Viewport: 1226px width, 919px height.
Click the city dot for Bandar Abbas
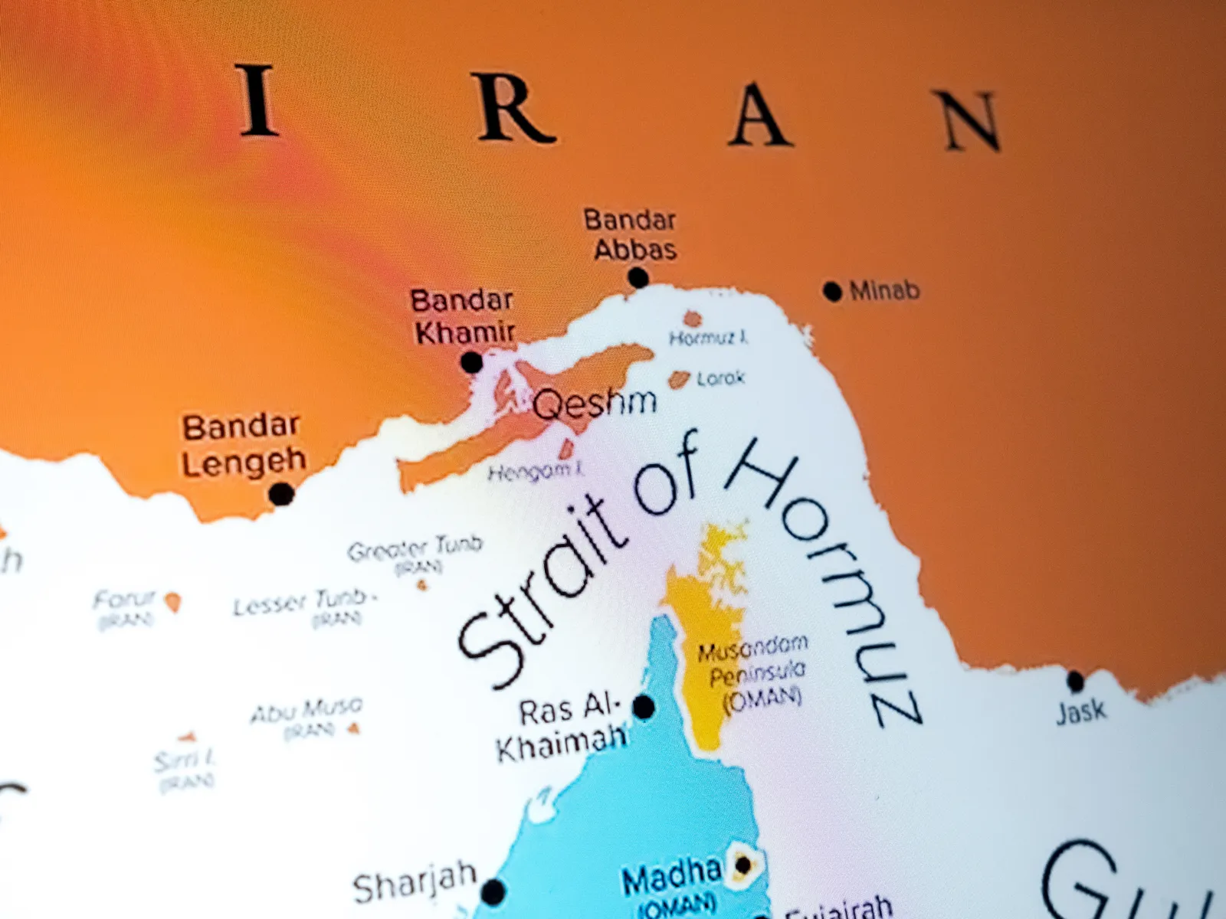coord(638,277)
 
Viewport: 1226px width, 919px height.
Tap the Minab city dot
coord(832,291)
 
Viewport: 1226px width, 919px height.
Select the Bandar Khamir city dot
coord(472,362)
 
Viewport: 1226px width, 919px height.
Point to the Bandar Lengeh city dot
coord(282,494)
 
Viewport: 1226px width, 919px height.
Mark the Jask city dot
coord(1075,680)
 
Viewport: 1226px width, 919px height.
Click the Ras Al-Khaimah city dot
coord(644,707)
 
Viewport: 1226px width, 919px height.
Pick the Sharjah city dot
coord(493,891)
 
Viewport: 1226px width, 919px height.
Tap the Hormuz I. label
coord(708,338)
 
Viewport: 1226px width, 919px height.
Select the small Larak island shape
coord(677,379)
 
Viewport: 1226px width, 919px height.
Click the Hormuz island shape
coord(693,319)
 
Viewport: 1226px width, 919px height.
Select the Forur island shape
coord(174,603)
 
